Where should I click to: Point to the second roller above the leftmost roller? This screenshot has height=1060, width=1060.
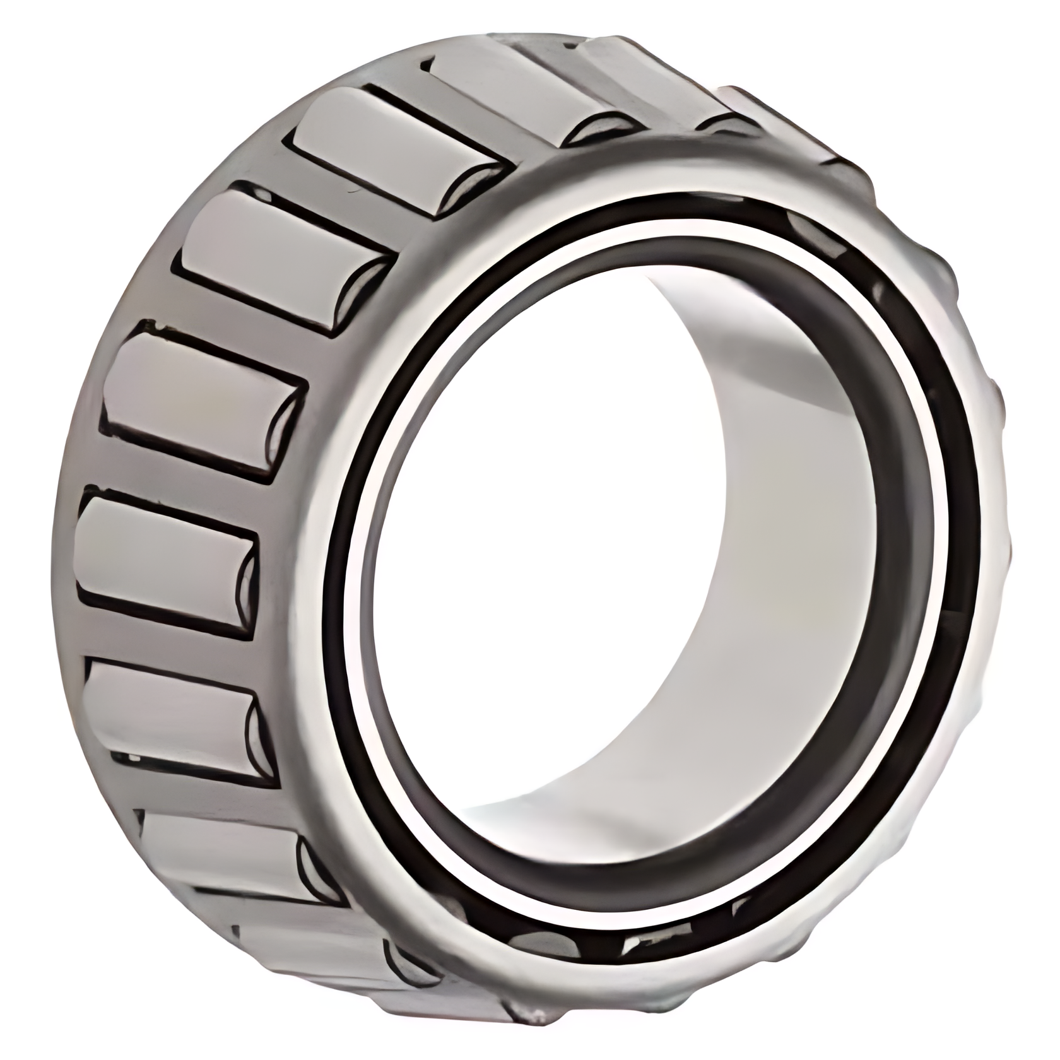(278, 259)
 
